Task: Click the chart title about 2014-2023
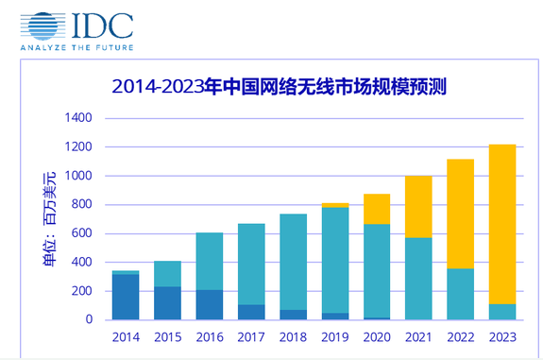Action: coord(279,87)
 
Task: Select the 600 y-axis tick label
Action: coord(83,233)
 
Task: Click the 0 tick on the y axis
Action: coord(90,319)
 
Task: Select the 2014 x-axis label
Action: coord(126,336)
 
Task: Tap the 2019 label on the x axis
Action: coord(334,336)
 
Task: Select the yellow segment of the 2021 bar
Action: coord(418,206)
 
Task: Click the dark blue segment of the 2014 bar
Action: coord(126,297)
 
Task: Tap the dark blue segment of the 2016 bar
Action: coord(209,304)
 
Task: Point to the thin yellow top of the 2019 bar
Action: coord(334,205)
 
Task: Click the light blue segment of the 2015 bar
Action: coord(167,274)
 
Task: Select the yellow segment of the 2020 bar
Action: coord(377,209)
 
